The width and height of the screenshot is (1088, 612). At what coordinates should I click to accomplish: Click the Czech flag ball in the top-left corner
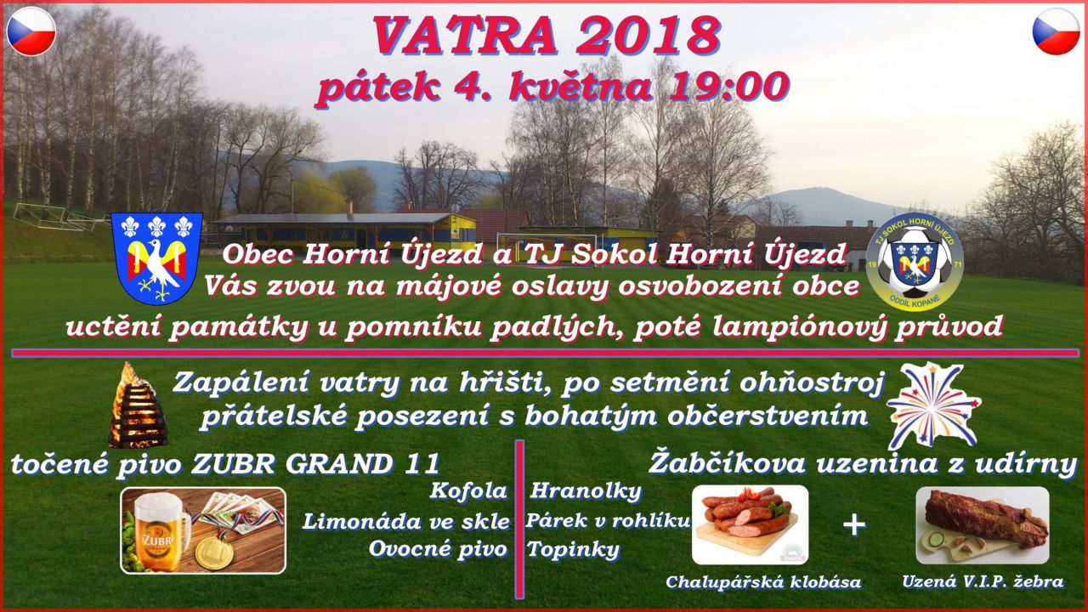coord(31,31)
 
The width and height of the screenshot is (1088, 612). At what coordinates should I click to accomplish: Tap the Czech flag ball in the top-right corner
coord(1056,31)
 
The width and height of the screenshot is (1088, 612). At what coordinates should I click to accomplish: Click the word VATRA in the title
coord(464,35)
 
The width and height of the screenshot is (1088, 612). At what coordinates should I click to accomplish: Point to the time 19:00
coord(728,88)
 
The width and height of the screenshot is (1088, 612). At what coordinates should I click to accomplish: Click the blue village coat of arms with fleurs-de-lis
coord(156,258)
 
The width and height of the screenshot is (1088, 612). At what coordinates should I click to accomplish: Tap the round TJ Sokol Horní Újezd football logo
coord(915,263)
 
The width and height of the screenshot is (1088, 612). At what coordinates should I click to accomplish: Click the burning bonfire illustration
coord(137,405)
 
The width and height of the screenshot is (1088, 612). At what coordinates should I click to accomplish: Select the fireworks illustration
coord(933,406)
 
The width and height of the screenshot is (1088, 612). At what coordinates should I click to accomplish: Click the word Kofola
coord(468,491)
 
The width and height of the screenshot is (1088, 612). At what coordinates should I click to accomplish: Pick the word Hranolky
coord(586,491)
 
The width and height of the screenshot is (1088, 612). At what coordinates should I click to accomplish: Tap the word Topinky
coord(574,550)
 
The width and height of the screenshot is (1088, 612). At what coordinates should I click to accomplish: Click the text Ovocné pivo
coord(438,549)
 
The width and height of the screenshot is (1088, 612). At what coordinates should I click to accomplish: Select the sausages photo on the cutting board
coord(751,525)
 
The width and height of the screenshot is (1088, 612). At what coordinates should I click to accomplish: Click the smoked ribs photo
coord(982,525)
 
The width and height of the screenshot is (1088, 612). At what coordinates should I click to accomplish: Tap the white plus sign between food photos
coord(854,525)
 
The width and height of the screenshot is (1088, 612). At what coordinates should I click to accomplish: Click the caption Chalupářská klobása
coord(763,582)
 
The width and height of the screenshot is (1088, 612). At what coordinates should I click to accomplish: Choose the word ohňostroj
coord(811,383)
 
